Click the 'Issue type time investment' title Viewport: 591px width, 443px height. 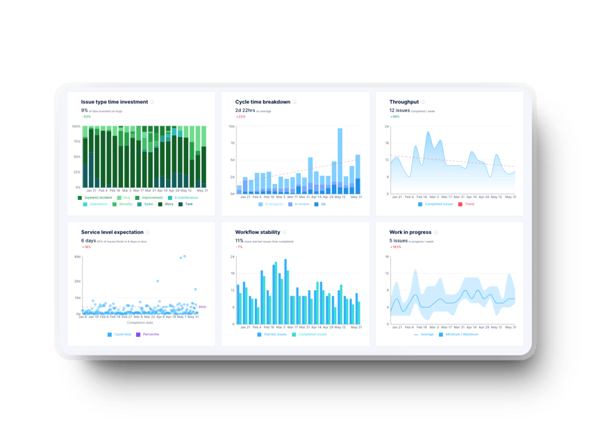click(x=114, y=102)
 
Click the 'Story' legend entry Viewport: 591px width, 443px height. click(x=169, y=204)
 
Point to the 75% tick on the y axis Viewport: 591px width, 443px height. click(x=76, y=142)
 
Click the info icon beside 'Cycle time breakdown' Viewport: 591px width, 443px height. click(x=294, y=102)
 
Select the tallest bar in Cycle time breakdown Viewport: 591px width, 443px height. click(x=340, y=160)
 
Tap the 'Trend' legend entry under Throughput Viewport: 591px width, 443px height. click(x=469, y=204)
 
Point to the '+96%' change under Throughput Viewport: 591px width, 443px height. click(x=395, y=117)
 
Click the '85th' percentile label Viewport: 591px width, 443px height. click(x=202, y=306)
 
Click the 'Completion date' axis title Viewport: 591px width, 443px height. click(x=141, y=322)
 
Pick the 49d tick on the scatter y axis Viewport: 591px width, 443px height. click(x=78, y=256)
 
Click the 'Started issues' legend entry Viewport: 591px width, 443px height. click(x=274, y=334)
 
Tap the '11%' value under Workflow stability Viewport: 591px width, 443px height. click(x=240, y=240)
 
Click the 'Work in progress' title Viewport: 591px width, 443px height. click(x=410, y=232)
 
